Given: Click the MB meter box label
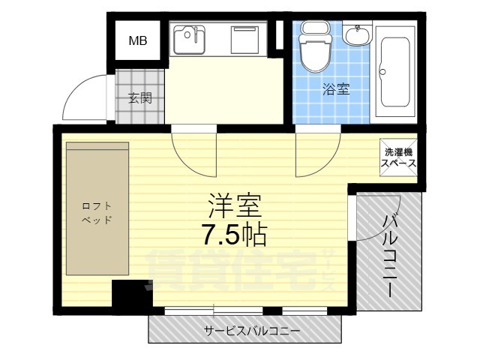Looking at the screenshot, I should coord(137,40).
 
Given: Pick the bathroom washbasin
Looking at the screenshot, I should coord(358,34).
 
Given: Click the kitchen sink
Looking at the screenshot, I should coord(189,40).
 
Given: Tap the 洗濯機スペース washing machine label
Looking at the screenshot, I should coord(396,157).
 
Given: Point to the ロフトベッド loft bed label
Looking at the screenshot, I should coord(97,213).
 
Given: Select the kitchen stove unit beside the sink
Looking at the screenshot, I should coord(244,40).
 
